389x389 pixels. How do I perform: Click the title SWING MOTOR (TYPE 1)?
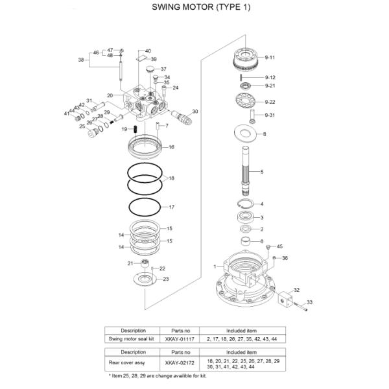(194, 8)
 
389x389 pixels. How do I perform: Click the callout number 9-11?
(270, 57)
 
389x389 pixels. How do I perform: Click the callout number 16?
(172, 147)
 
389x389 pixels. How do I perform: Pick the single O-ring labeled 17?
(147, 208)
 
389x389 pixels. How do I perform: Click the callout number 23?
(166, 279)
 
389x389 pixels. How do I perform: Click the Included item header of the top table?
(242, 330)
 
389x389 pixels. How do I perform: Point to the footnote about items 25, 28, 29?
(156, 375)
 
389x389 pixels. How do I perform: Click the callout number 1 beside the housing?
(215, 266)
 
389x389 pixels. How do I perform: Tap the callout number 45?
(280, 246)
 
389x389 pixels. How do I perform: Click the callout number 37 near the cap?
(163, 69)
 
